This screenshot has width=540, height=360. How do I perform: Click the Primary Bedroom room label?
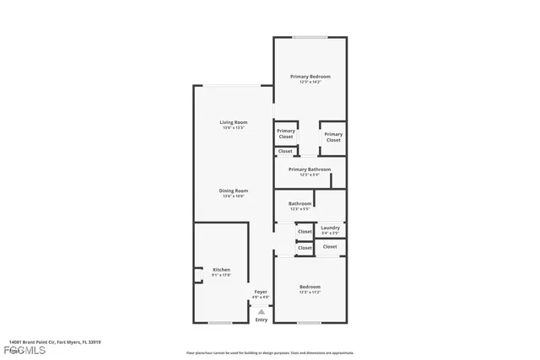coord(310,77)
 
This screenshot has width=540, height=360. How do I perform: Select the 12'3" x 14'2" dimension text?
coord(310,82)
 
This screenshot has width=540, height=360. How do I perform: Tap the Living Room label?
coord(233,122)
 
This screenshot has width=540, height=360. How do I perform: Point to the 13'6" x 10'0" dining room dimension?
coord(233,196)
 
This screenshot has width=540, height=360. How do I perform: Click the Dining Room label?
coord(233,191)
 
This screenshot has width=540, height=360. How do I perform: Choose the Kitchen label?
coord(221,270)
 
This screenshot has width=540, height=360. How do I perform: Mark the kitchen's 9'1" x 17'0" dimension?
coord(221,276)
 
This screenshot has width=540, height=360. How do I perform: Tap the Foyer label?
coord(262,292)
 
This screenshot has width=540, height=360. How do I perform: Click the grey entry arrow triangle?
coord(262,311)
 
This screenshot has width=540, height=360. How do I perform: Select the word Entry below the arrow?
coord(262,320)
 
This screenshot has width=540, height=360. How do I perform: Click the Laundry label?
coord(330,227)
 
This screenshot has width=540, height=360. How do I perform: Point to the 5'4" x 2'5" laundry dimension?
coord(330,232)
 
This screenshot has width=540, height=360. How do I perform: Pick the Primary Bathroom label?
coord(310,169)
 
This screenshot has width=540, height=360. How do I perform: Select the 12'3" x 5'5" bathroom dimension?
coord(300,209)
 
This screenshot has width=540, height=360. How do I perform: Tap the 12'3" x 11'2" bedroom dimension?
coord(310,293)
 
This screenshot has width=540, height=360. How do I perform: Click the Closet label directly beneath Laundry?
coord(330,247)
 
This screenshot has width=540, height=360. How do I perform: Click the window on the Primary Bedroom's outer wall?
coord(310,37)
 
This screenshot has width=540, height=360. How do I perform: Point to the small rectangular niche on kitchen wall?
coord(197,274)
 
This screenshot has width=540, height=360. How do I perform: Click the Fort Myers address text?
coord(55,342)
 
